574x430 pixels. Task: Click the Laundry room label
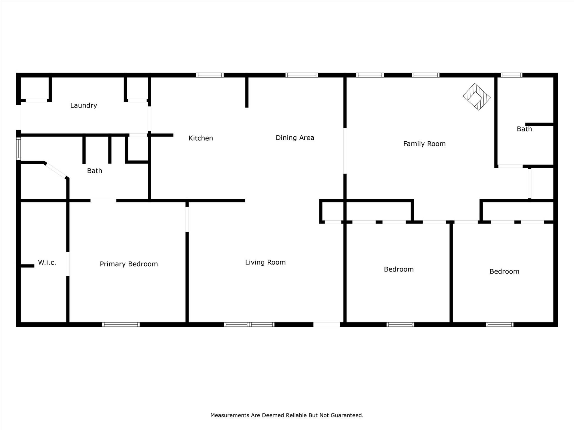pyautogui.click(x=84, y=106)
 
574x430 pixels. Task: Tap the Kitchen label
pyautogui.click(x=201, y=138)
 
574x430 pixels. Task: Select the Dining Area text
pyautogui.click(x=295, y=138)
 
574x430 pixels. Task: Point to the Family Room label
pyautogui.click(x=424, y=144)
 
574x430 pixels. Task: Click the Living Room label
pyautogui.click(x=265, y=262)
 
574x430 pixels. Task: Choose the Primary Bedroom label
pyautogui.click(x=129, y=264)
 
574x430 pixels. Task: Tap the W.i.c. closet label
pyautogui.click(x=47, y=263)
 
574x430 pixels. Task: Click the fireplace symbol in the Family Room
pyautogui.click(x=477, y=97)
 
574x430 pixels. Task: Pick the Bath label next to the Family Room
pyautogui.click(x=524, y=129)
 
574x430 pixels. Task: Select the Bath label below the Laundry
pyautogui.click(x=94, y=171)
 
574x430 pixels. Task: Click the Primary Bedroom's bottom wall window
pyautogui.click(x=121, y=324)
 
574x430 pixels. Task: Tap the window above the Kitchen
pyautogui.click(x=210, y=75)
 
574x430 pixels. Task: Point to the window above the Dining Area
pyautogui.click(x=302, y=75)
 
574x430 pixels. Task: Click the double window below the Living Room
pyautogui.click(x=249, y=324)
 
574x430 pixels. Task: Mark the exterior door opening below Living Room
pyautogui.click(x=327, y=324)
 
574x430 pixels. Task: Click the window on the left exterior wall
pyautogui.click(x=18, y=149)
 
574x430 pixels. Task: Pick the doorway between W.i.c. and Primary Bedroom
pyautogui.click(x=68, y=264)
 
